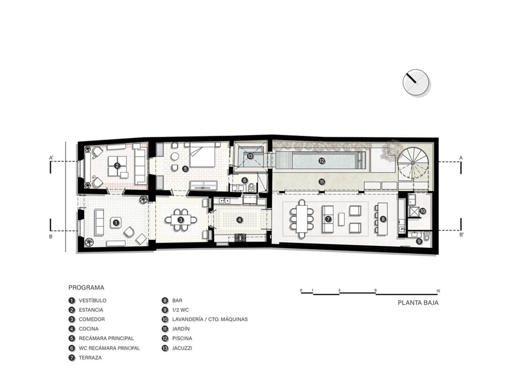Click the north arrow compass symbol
[x=416, y=83]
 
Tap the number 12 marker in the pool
[x=321, y=160]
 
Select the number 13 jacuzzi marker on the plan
[x=250, y=156]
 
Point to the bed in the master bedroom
[x=202, y=156]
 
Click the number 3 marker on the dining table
[x=181, y=220]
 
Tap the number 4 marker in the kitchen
[x=239, y=220]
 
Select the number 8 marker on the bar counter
[x=383, y=219]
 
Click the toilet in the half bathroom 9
[x=427, y=235]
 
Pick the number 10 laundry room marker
[x=423, y=211]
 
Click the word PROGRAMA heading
[x=87, y=288]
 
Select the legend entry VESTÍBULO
[x=93, y=300]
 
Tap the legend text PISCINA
[x=182, y=339]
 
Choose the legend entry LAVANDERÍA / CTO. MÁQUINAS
[x=210, y=319]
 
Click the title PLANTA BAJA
[x=418, y=303]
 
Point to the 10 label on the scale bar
[x=438, y=291]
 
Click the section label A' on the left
[x=51, y=158]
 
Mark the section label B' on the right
[x=461, y=235]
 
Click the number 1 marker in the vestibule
[x=116, y=223]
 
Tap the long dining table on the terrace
[x=302, y=219]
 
